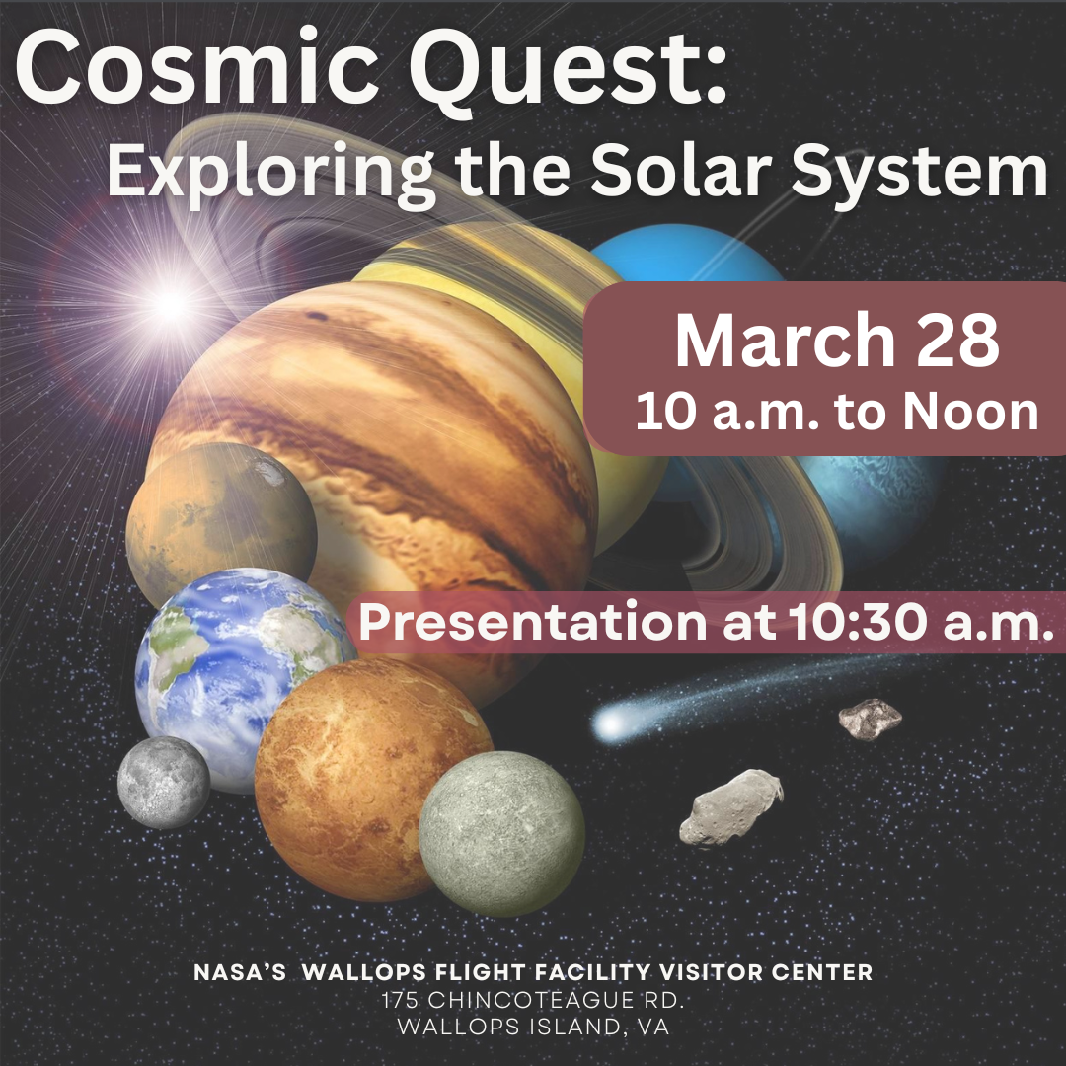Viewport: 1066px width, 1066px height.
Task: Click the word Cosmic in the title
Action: (196, 69)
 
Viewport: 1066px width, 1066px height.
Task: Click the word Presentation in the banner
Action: (533, 622)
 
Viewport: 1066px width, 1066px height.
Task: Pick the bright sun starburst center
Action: (170, 304)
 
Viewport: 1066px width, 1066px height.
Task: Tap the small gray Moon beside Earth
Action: (164, 783)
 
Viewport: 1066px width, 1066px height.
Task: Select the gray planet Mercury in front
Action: (501, 834)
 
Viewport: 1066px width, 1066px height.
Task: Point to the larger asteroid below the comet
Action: (730, 807)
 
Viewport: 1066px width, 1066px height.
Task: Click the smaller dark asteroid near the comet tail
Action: (871, 719)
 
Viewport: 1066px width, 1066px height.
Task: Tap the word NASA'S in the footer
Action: (240, 972)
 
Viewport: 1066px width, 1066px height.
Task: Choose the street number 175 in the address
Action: (401, 1000)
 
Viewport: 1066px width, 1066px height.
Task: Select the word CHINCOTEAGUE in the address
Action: (526, 1000)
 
